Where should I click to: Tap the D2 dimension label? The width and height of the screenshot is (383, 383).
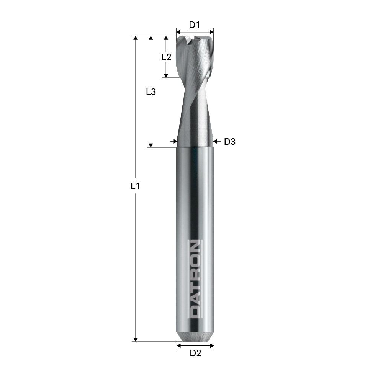[x=195, y=353]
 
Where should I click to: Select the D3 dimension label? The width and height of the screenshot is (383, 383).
[x=230, y=142]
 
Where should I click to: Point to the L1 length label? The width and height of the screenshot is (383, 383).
[x=135, y=186]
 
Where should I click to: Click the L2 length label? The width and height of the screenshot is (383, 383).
[x=166, y=57]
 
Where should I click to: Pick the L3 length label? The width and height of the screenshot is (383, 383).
[x=151, y=92]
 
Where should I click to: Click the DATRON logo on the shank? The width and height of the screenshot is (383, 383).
[x=195, y=279]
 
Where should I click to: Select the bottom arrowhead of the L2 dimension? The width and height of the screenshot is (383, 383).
[x=166, y=76]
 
